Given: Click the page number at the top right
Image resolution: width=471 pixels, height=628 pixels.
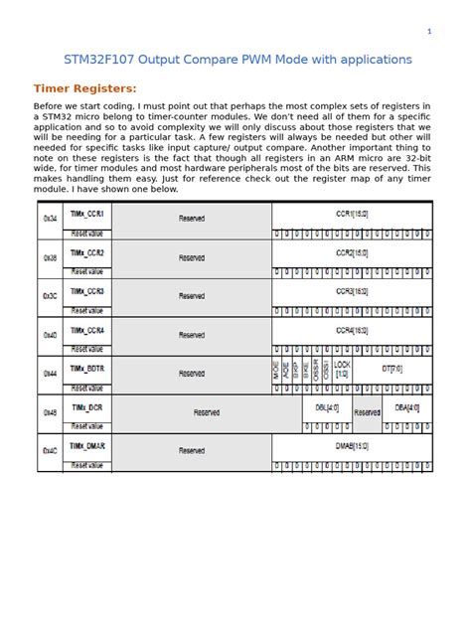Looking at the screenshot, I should pyautogui.click(x=429, y=32).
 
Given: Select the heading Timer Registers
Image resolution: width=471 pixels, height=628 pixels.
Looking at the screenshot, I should pyautogui.click(x=84, y=88).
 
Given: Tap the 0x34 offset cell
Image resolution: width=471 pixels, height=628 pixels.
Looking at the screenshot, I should pyautogui.click(x=51, y=218).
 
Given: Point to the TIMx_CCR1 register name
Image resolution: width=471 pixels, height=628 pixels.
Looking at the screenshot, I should pyautogui.click(x=87, y=213).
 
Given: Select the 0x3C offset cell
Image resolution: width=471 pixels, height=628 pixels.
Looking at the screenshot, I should pyautogui.click(x=51, y=296).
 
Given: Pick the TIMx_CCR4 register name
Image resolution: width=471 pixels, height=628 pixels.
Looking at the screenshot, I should pyautogui.click(x=87, y=329).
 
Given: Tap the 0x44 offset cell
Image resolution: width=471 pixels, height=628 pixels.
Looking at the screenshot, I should pyautogui.click(x=51, y=374).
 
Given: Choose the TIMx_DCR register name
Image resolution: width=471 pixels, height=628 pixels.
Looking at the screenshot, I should pyautogui.click(x=86, y=406).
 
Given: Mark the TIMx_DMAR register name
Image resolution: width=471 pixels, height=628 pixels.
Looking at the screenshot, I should pyautogui.click(x=87, y=445).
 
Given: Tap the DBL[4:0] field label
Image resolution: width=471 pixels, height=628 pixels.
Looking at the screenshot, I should pyautogui.click(x=327, y=407).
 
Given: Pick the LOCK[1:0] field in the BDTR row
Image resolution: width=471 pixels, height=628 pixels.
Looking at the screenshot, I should pyautogui.click(x=342, y=369).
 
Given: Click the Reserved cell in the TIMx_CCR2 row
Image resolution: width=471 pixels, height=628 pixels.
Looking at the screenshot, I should pyautogui.click(x=192, y=256).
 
